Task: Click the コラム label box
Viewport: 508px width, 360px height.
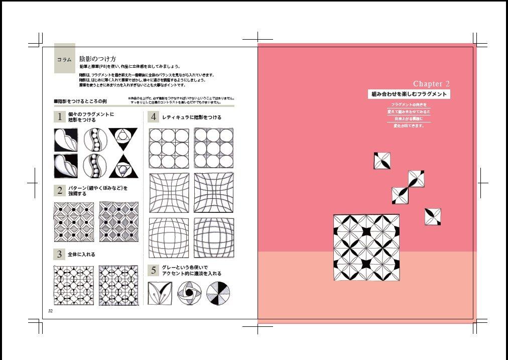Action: [x=64, y=59]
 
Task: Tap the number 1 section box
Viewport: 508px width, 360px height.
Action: [x=60, y=117]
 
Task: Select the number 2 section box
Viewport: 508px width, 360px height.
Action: [x=60, y=191]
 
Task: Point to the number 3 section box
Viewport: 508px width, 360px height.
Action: [x=60, y=254]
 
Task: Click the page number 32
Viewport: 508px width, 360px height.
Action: [x=51, y=311]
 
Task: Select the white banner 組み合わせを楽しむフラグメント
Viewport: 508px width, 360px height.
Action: [x=409, y=94]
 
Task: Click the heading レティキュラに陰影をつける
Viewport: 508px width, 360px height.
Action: [x=191, y=117]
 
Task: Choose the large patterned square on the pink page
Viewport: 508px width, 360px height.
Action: [x=366, y=247]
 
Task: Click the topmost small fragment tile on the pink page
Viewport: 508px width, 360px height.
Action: [x=382, y=161]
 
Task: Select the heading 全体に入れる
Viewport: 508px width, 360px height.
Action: [x=83, y=255]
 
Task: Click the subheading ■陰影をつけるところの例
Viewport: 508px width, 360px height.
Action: [x=80, y=101]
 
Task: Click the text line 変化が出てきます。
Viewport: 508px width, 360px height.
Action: [x=409, y=126]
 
